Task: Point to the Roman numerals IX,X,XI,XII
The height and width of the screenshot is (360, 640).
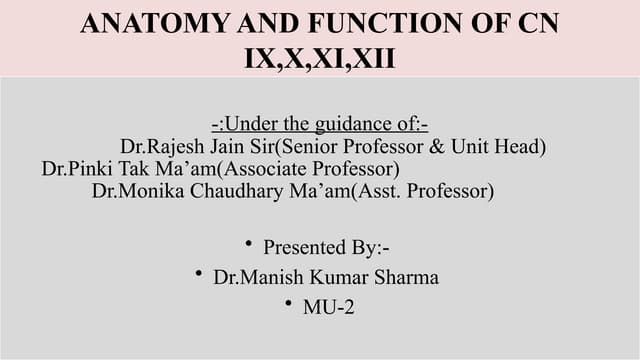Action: click(320, 57)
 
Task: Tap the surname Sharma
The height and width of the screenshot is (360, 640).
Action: click(407, 277)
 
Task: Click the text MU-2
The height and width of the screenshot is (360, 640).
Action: click(328, 308)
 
